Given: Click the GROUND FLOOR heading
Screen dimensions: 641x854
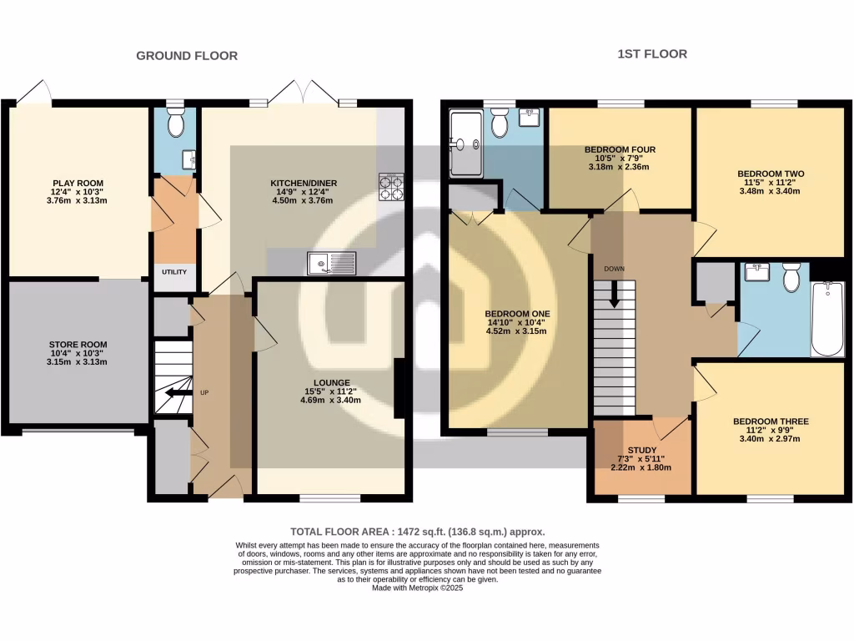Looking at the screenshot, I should pos(187,56).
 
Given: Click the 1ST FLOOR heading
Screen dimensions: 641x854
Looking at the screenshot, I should pos(652,54).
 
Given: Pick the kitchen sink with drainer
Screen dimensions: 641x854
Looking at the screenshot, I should pos(331,263).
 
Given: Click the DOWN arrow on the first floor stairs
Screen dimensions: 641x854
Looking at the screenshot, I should pos(615,294).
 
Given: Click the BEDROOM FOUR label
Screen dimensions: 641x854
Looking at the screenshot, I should pos(620,149).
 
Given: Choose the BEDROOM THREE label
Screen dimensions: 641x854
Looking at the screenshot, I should pos(771,421).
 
